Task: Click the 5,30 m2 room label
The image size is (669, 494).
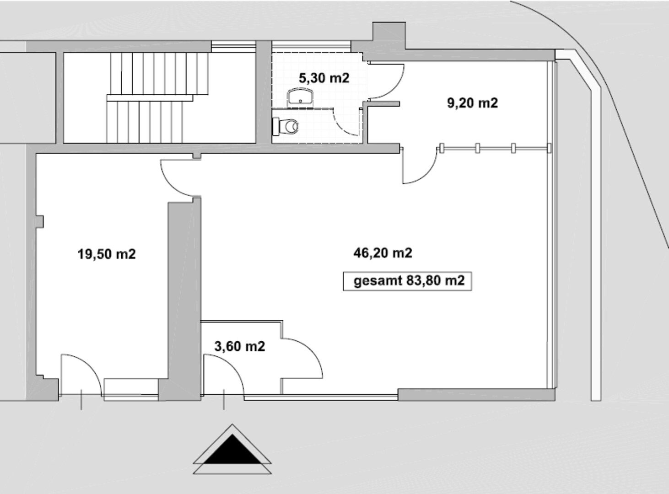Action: pyautogui.click(x=324, y=78)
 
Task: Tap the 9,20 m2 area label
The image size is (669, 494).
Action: pyautogui.click(x=472, y=103)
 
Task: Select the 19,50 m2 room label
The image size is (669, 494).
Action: pyautogui.click(x=107, y=254)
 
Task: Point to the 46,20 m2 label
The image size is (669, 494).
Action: pyautogui.click(x=383, y=253)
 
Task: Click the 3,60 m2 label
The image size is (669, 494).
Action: pyautogui.click(x=240, y=346)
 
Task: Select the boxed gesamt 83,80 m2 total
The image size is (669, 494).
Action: pyautogui.click(x=408, y=281)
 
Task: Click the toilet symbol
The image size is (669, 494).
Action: pyautogui.click(x=286, y=126)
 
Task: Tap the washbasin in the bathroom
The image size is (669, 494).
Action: pyautogui.click(x=300, y=97)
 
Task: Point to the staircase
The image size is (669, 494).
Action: pyautogui.click(x=157, y=97)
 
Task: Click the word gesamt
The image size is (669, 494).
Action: pyautogui.click(x=378, y=281)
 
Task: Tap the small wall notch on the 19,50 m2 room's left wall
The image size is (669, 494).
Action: pyautogui.click(x=40, y=221)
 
